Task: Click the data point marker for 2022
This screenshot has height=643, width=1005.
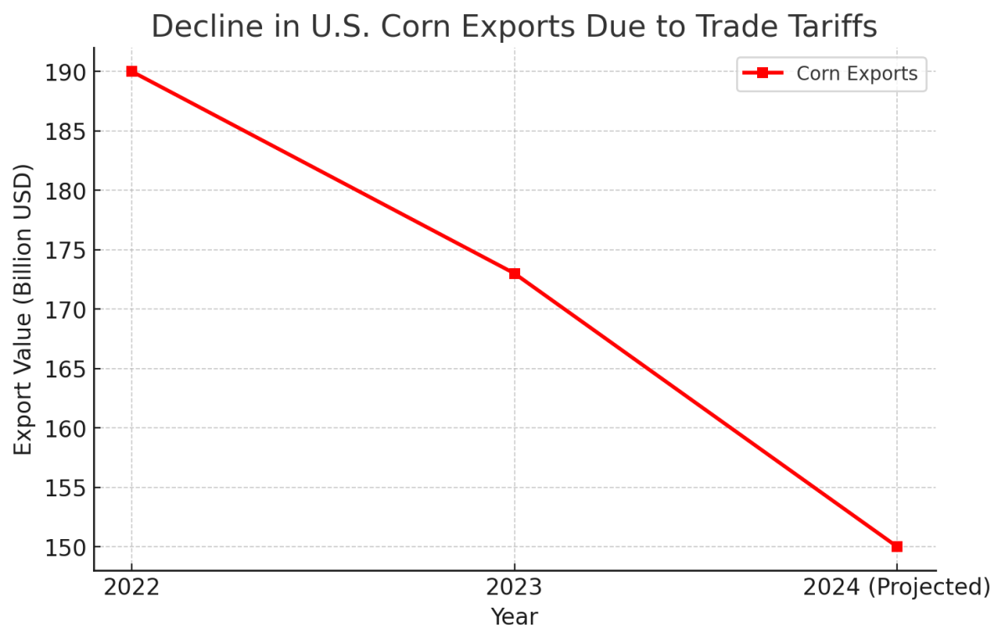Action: click(131, 71)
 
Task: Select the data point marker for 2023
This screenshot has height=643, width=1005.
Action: click(514, 273)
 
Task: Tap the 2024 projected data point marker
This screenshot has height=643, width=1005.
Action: click(897, 547)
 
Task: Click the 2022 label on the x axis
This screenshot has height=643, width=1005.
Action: click(131, 588)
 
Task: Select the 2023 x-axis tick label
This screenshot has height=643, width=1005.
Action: click(514, 588)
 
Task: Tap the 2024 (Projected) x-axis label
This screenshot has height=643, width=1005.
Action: click(897, 588)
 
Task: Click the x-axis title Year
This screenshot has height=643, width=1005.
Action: click(514, 618)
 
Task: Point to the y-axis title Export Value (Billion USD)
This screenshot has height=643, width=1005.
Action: click(23, 309)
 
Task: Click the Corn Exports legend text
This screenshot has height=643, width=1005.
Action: click(857, 74)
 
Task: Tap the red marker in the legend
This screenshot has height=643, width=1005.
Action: click(762, 74)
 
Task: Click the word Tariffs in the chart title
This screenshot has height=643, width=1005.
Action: click(825, 27)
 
